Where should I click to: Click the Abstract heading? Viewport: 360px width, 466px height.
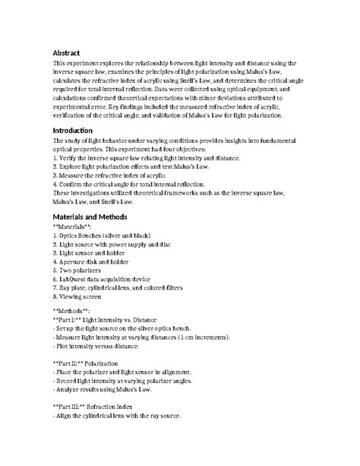click(66, 52)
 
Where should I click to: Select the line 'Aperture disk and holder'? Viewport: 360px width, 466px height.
click(96, 261)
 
